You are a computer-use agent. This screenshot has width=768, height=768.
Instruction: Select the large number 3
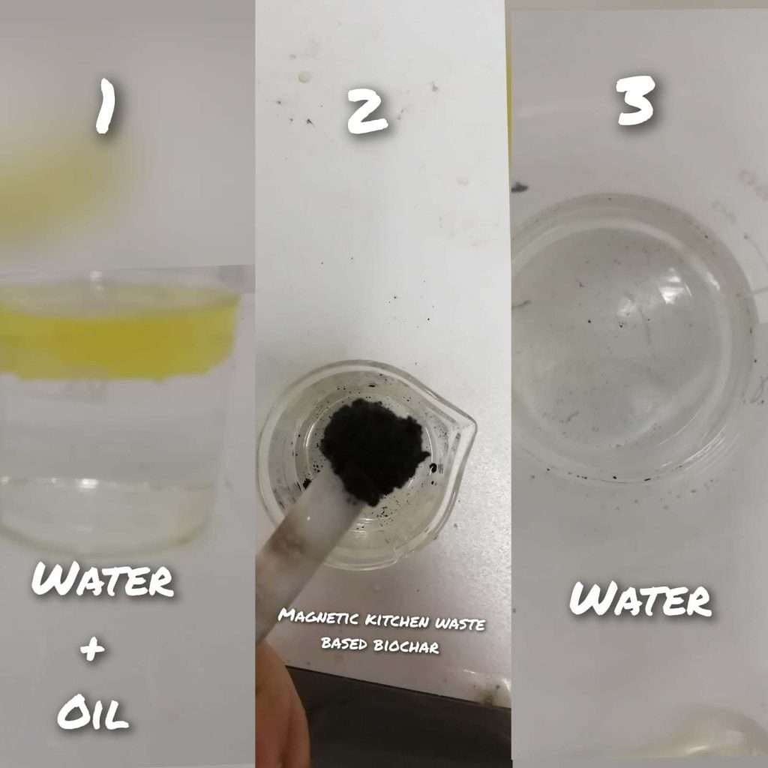pyautogui.click(x=636, y=100)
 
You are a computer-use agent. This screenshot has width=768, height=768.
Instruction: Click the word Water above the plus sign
pyautogui.click(x=103, y=579)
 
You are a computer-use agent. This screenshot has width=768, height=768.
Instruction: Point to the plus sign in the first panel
pyautogui.click(x=93, y=650)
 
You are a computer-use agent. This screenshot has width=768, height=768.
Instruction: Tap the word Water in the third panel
pyautogui.click(x=640, y=598)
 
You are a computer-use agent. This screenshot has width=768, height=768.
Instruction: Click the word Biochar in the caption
pyautogui.click(x=406, y=646)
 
